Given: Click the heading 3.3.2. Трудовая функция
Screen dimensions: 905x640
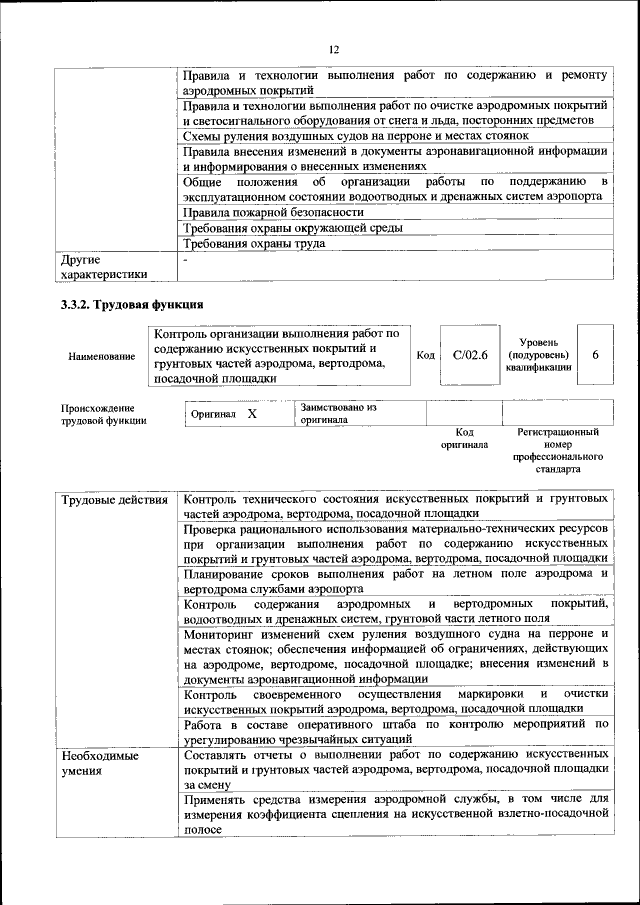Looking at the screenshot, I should pos(132,304).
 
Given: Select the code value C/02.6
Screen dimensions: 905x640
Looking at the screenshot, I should pos(468,355).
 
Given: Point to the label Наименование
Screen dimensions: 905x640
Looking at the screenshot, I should pos(101,356).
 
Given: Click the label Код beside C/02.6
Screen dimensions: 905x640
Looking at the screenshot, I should pos(425,355).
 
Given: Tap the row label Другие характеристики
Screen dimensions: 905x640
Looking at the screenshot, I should pos(104,266).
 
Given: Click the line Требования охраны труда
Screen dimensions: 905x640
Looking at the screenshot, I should pos(256,243).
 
